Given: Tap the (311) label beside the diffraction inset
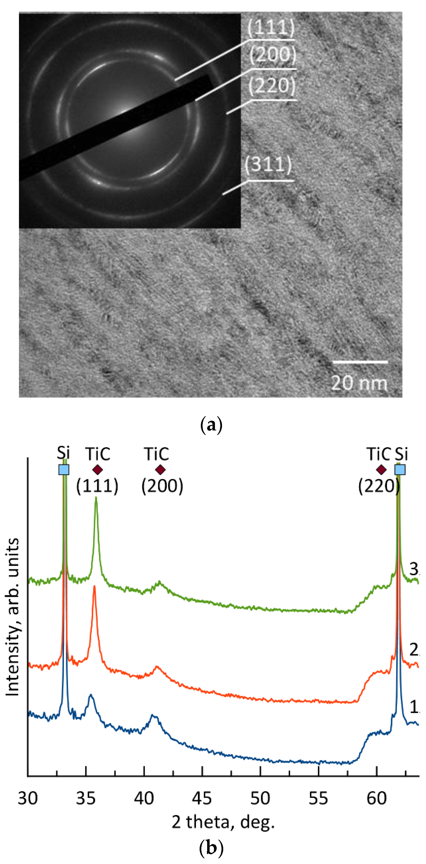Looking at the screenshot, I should point(268,164).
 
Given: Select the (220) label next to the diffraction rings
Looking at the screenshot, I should point(272,86).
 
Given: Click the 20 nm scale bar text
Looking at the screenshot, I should point(359,383).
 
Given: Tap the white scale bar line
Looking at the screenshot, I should point(360,362).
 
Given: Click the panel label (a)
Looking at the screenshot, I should point(211,425).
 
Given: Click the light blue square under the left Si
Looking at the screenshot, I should point(64,470).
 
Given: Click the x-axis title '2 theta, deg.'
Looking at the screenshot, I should point(223,822).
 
